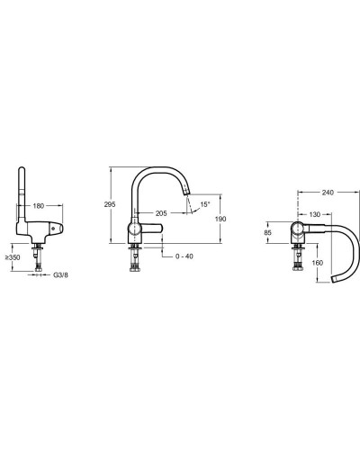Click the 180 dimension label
(38, 206)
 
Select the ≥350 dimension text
(13, 257)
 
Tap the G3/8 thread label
(60, 274)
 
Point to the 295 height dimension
(110, 204)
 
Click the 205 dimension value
(161, 213)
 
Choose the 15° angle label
(205, 204)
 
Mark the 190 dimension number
(220, 219)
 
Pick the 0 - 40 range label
(184, 256)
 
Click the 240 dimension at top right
(328, 193)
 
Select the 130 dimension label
(314, 214)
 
